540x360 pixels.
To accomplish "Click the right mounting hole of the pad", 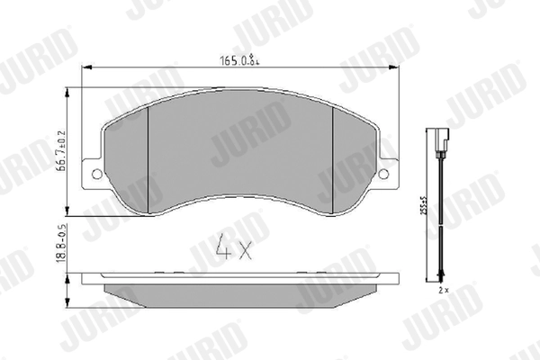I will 385,173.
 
